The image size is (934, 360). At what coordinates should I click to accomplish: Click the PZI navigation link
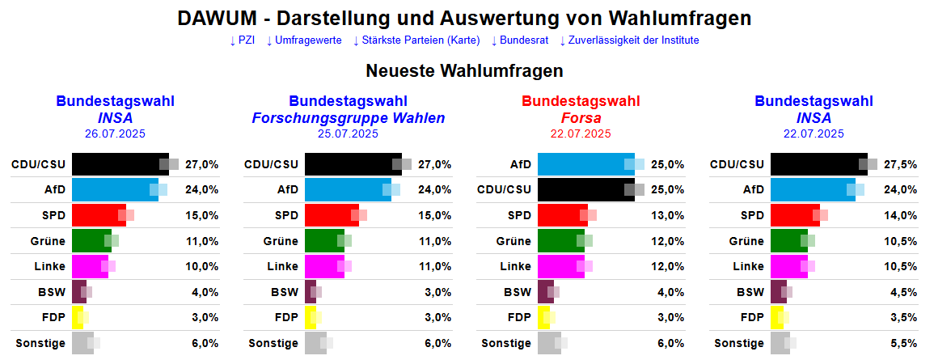pyautogui.click(x=242, y=40)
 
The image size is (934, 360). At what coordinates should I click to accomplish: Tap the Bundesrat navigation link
pyautogui.click(x=521, y=40)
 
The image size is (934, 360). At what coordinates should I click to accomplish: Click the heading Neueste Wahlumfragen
pyautogui.click(x=464, y=71)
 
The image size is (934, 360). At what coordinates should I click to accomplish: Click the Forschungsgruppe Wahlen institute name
pyautogui.click(x=349, y=118)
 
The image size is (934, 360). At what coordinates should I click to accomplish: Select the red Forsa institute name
pyautogui.click(x=581, y=118)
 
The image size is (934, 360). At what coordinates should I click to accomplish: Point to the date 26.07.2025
pyautogui.click(x=115, y=134)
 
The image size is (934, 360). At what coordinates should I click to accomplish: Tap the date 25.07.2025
pyautogui.click(x=348, y=134)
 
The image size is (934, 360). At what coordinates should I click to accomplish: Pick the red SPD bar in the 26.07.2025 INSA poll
pyautogui.click(x=97, y=215)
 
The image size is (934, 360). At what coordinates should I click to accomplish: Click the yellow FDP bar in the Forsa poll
pyautogui.click(x=543, y=318)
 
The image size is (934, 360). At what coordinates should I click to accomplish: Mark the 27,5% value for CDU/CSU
pyautogui.click(x=901, y=164)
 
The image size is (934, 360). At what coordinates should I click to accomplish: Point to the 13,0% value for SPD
pyautogui.click(x=668, y=215)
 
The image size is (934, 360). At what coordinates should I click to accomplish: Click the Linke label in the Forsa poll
pyautogui.click(x=515, y=266)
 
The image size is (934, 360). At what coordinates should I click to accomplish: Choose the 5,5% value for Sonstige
pyautogui.click(x=901, y=343)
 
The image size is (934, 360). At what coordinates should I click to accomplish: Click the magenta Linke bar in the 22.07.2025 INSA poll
pyautogui.click(x=787, y=266)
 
